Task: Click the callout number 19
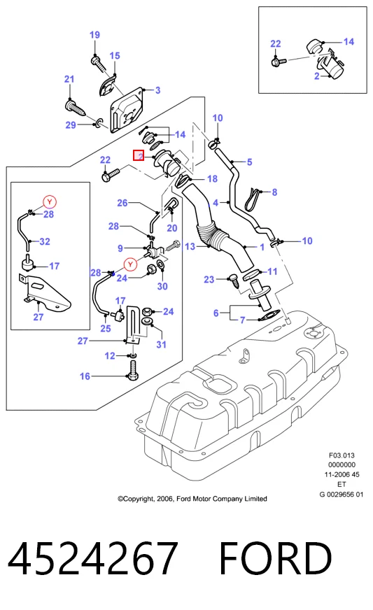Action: point(94,35)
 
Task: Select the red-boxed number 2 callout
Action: point(139,155)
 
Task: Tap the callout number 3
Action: point(157,90)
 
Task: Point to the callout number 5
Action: point(250,162)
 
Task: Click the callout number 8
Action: point(274,192)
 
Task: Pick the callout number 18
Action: point(212,179)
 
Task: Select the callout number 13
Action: point(190,247)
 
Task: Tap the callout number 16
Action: point(85,376)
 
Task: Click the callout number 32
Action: point(45,241)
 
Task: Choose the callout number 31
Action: point(161,344)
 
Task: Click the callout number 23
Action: point(209,279)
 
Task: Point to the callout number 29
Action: point(71,125)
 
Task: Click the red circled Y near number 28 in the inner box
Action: point(50,202)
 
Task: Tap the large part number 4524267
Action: point(93,558)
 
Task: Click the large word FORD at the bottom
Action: point(276,558)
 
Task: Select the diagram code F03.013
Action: point(342,455)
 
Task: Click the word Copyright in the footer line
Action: point(139,499)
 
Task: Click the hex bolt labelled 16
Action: point(133,369)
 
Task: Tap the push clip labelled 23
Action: point(234,281)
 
